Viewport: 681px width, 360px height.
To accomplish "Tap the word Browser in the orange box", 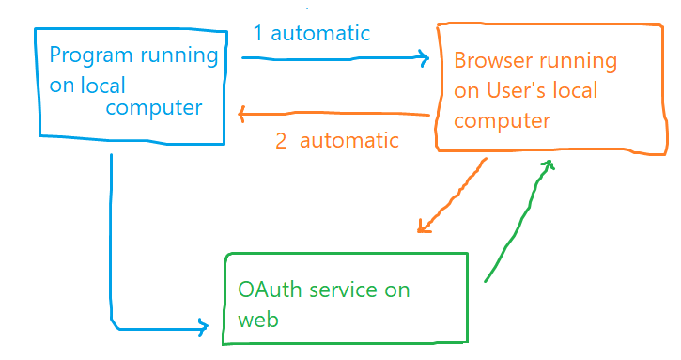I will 490,61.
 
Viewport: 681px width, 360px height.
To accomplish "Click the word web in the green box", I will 258,320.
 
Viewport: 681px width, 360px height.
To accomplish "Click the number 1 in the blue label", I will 258,34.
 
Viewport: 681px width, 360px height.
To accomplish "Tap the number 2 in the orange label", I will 281,141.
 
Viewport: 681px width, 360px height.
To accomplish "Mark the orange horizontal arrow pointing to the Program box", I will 333,116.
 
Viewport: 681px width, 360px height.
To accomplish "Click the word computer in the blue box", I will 153,108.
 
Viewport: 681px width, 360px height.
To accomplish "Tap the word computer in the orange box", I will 502,121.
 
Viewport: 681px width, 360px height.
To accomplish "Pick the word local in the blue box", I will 101,85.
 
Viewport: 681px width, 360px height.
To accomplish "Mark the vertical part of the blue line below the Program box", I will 111,235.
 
